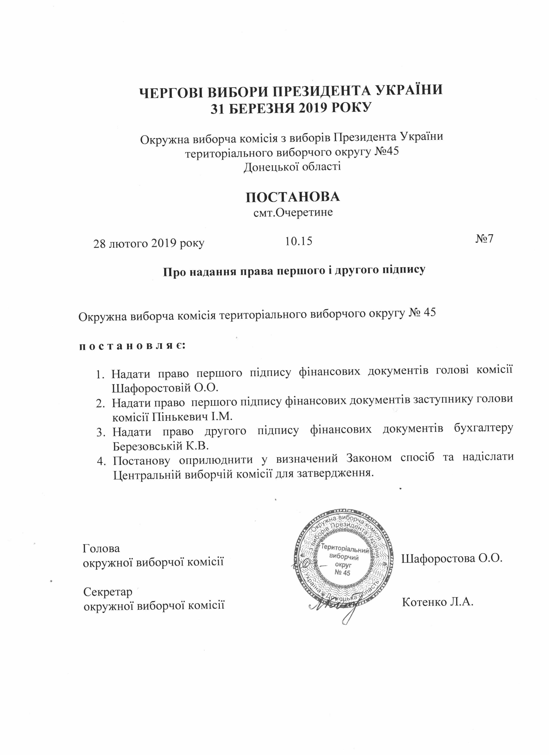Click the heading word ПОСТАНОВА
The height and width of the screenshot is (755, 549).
(293, 197)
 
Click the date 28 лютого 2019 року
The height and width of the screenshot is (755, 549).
(149, 244)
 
